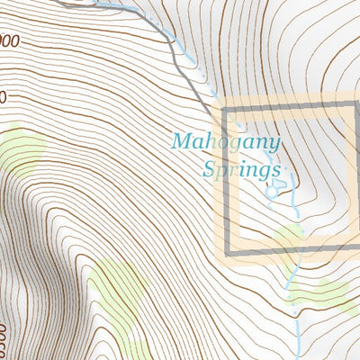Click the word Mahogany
pyautogui.click(x=226, y=141)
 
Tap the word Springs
pyautogui.click(x=242, y=168)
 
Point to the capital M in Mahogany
pyautogui.click(x=182, y=141)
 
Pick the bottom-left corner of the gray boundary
pyautogui.click(x=225, y=250)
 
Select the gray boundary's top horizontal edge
pyautogui.click(x=288, y=108)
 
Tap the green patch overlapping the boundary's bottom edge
pyautogui.click(x=290, y=240)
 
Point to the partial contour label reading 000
pyautogui.click(x=9, y=40)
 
